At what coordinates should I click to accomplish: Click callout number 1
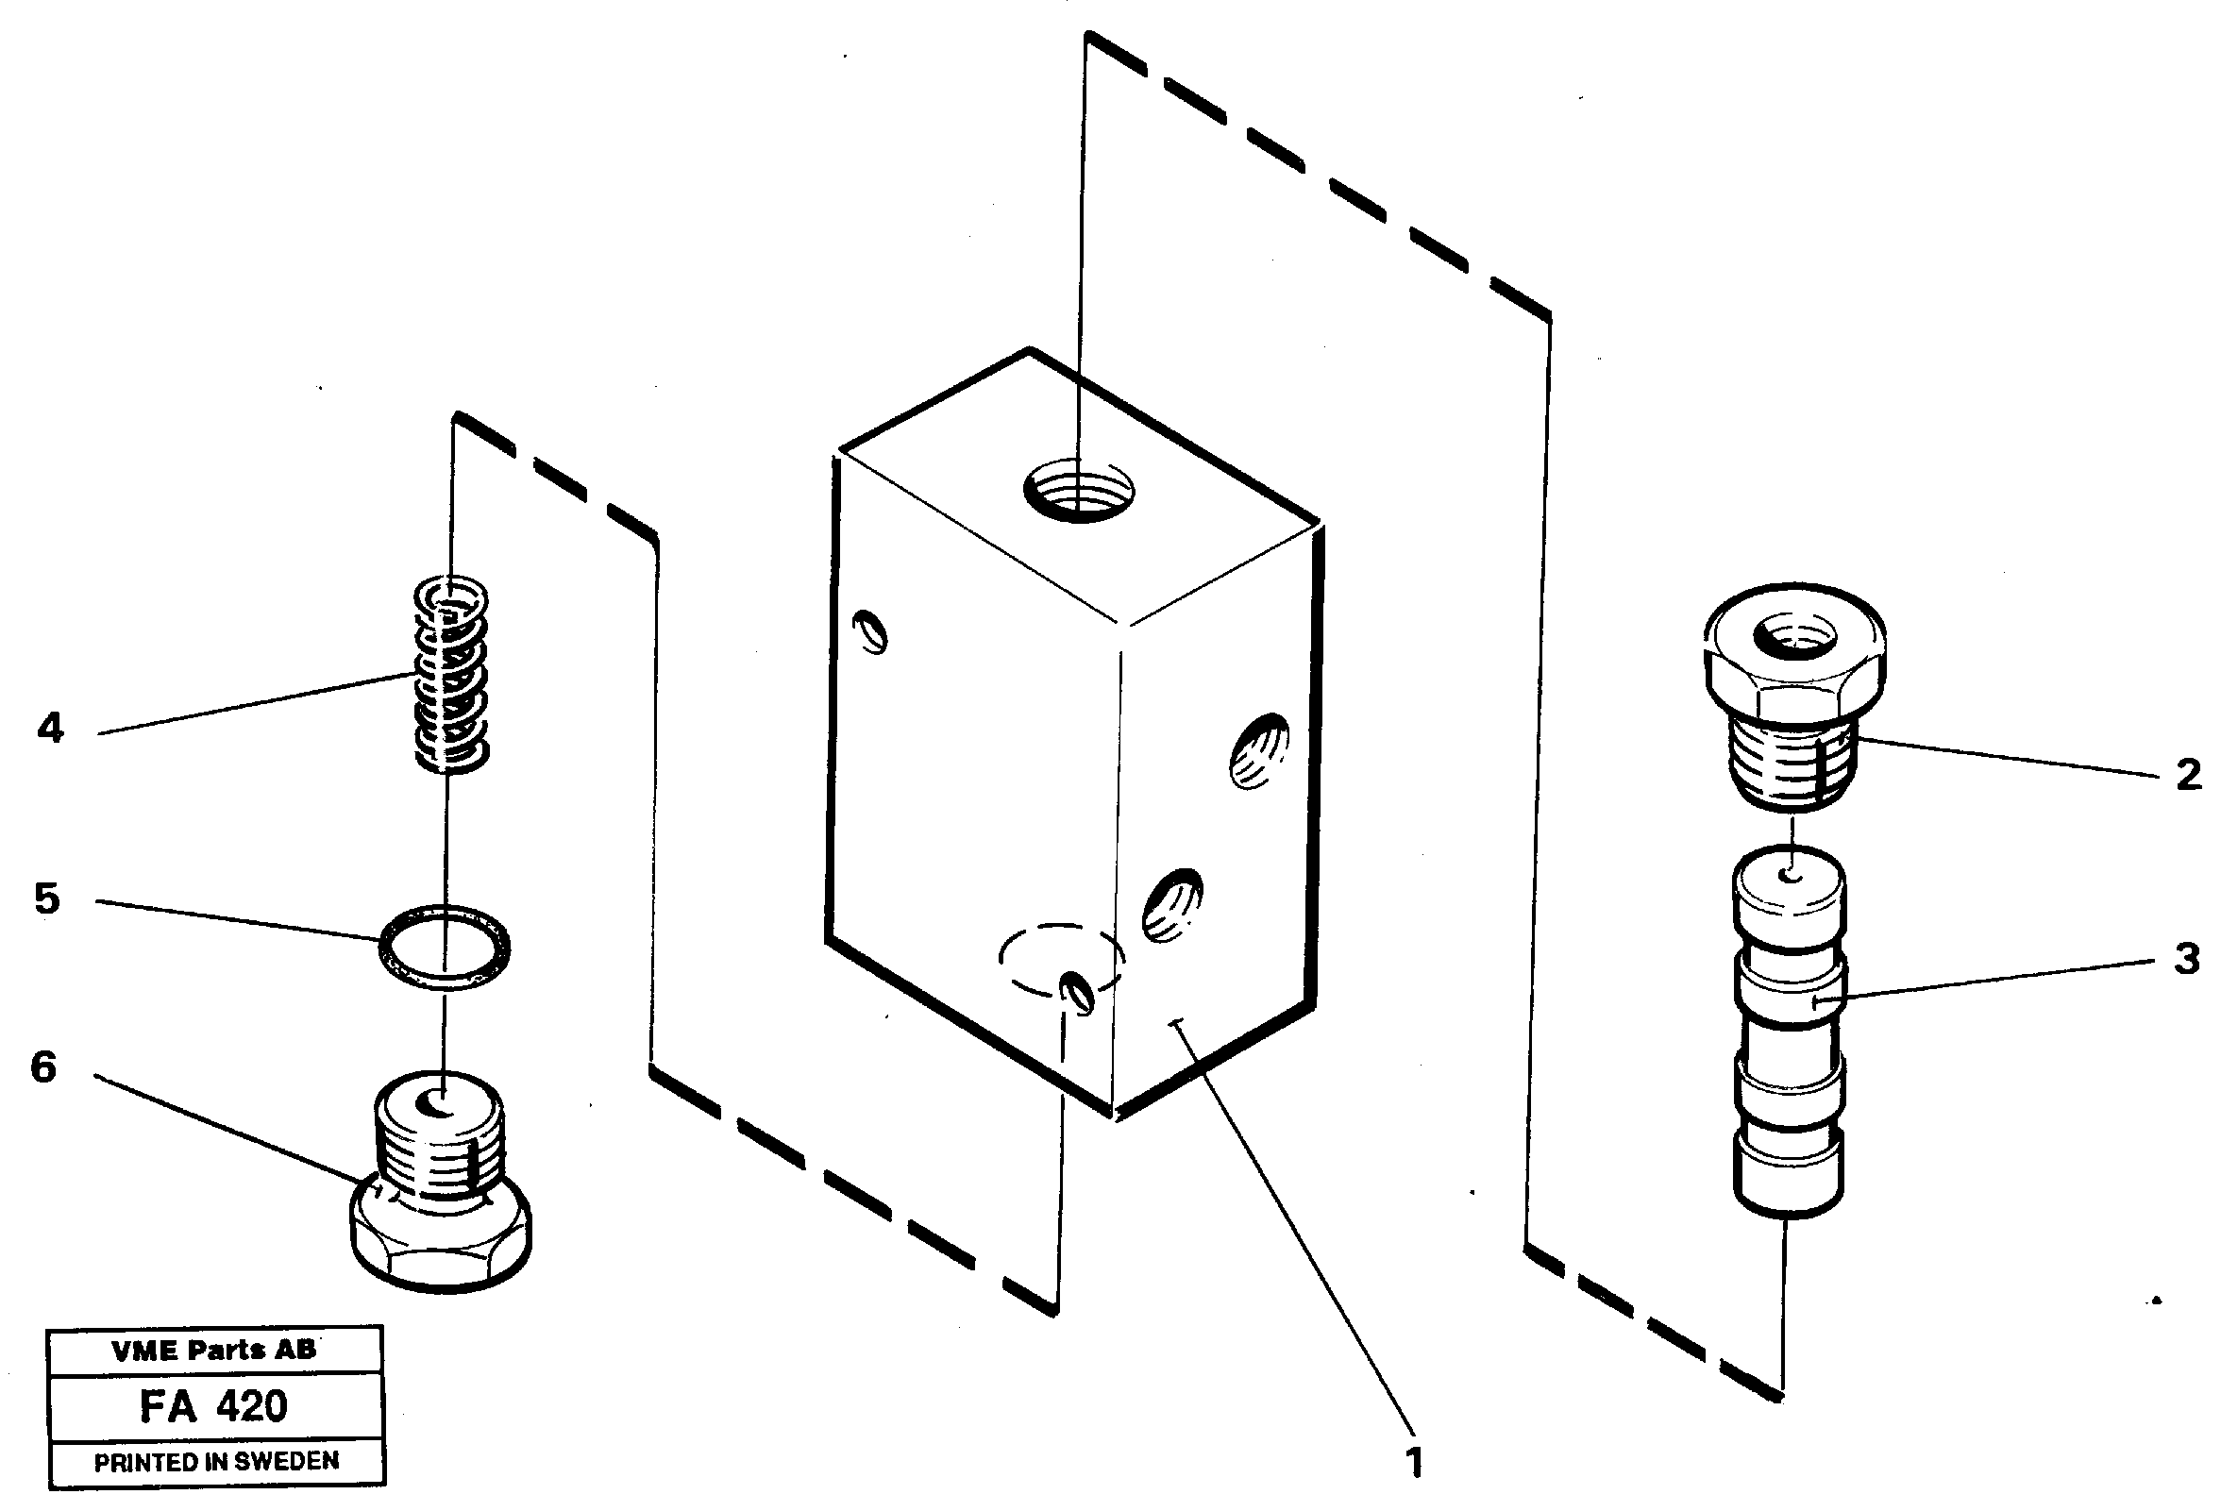coord(1414,1462)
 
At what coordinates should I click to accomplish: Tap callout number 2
coord(2189,774)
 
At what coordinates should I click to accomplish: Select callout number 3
coord(2187,959)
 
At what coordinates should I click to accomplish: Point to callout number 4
coord(50,729)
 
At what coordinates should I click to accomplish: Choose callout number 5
coord(47,898)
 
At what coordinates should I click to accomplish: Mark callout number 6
coord(44,1066)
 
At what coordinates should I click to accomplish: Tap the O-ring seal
coord(445,948)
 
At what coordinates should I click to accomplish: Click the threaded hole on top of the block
coord(1080,489)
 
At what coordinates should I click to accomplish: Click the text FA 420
coord(214,1406)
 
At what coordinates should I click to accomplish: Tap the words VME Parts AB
coord(214,1350)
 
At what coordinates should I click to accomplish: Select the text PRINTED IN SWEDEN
coord(216,1461)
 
